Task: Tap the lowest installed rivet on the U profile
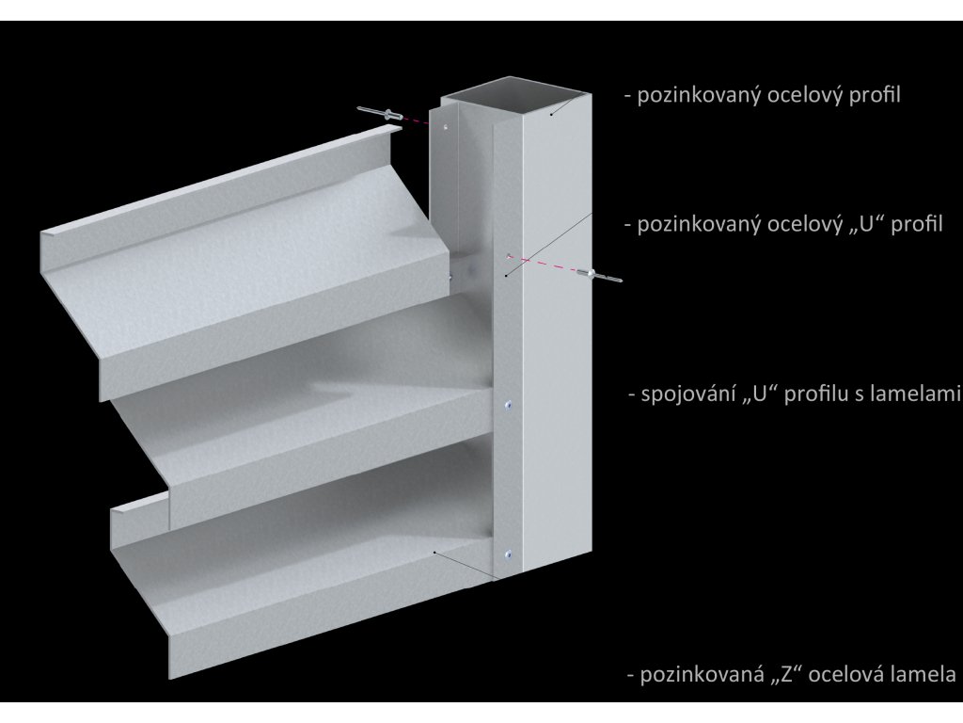pos(508,554)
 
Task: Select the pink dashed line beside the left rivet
pos(417,120)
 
